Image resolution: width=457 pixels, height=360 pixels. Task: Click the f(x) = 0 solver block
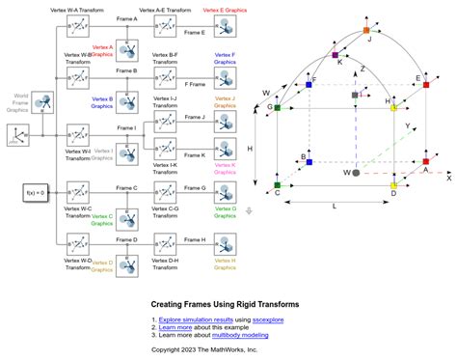[x=35, y=193]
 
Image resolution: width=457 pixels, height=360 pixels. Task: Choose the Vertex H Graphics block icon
[x=224, y=241]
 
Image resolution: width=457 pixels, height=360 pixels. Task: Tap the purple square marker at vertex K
[x=336, y=56]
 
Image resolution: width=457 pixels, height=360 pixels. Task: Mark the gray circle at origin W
[x=357, y=172]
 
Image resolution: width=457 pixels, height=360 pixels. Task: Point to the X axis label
[x=448, y=178]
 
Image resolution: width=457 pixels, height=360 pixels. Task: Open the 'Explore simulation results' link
[x=200, y=318]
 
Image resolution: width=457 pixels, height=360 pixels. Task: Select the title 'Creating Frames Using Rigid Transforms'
[x=225, y=304]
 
